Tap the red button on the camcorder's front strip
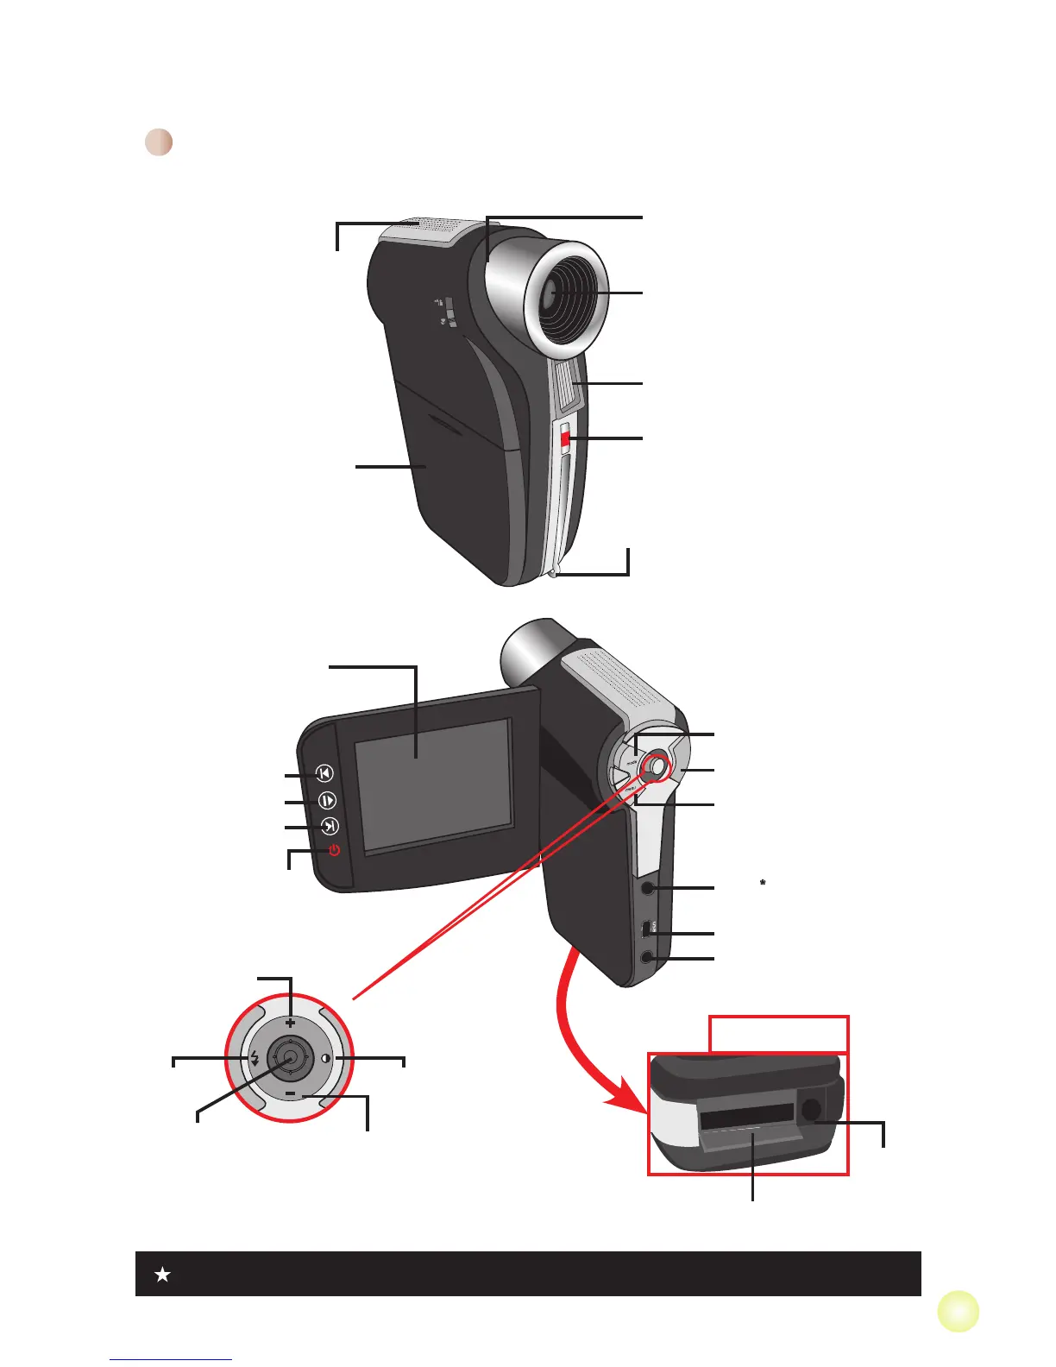tap(565, 439)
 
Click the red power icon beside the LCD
tap(334, 850)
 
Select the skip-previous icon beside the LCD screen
tap(324, 773)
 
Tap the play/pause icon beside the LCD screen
tap(327, 800)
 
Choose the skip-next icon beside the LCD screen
tap(330, 826)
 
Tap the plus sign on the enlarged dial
tap(290, 1023)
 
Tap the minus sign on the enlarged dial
tap(290, 1093)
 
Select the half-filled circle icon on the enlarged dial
tap(325, 1058)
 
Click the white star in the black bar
tap(162, 1274)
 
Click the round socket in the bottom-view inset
tap(810, 1111)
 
